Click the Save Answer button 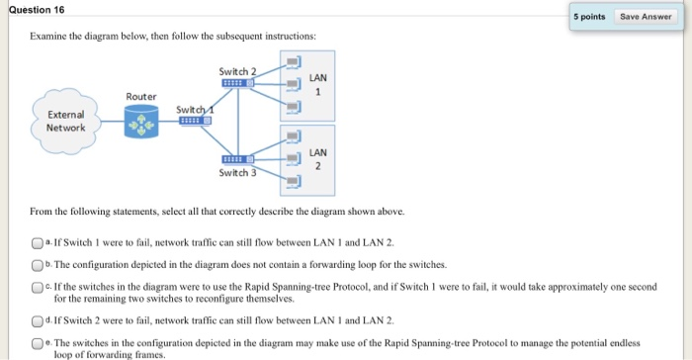pyautogui.click(x=645, y=17)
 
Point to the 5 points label pyautogui.click(x=590, y=17)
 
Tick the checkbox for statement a pyautogui.click(x=37, y=243)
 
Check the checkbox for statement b pyautogui.click(x=37, y=266)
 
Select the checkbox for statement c pyautogui.click(x=37, y=288)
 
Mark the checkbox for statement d pyautogui.click(x=37, y=320)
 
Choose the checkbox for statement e pyautogui.click(x=37, y=343)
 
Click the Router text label pyautogui.click(x=140, y=96)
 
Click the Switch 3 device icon pyautogui.click(x=238, y=159)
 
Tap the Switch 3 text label pyautogui.click(x=238, y=173)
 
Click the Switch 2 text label pyautogui.click(x=237, y=71)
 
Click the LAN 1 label pyautogui.click(x=317, y=84)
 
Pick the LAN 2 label pyautogui.click(x=317, y=159)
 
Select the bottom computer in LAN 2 pyautogui.click(x=293, y=182)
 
